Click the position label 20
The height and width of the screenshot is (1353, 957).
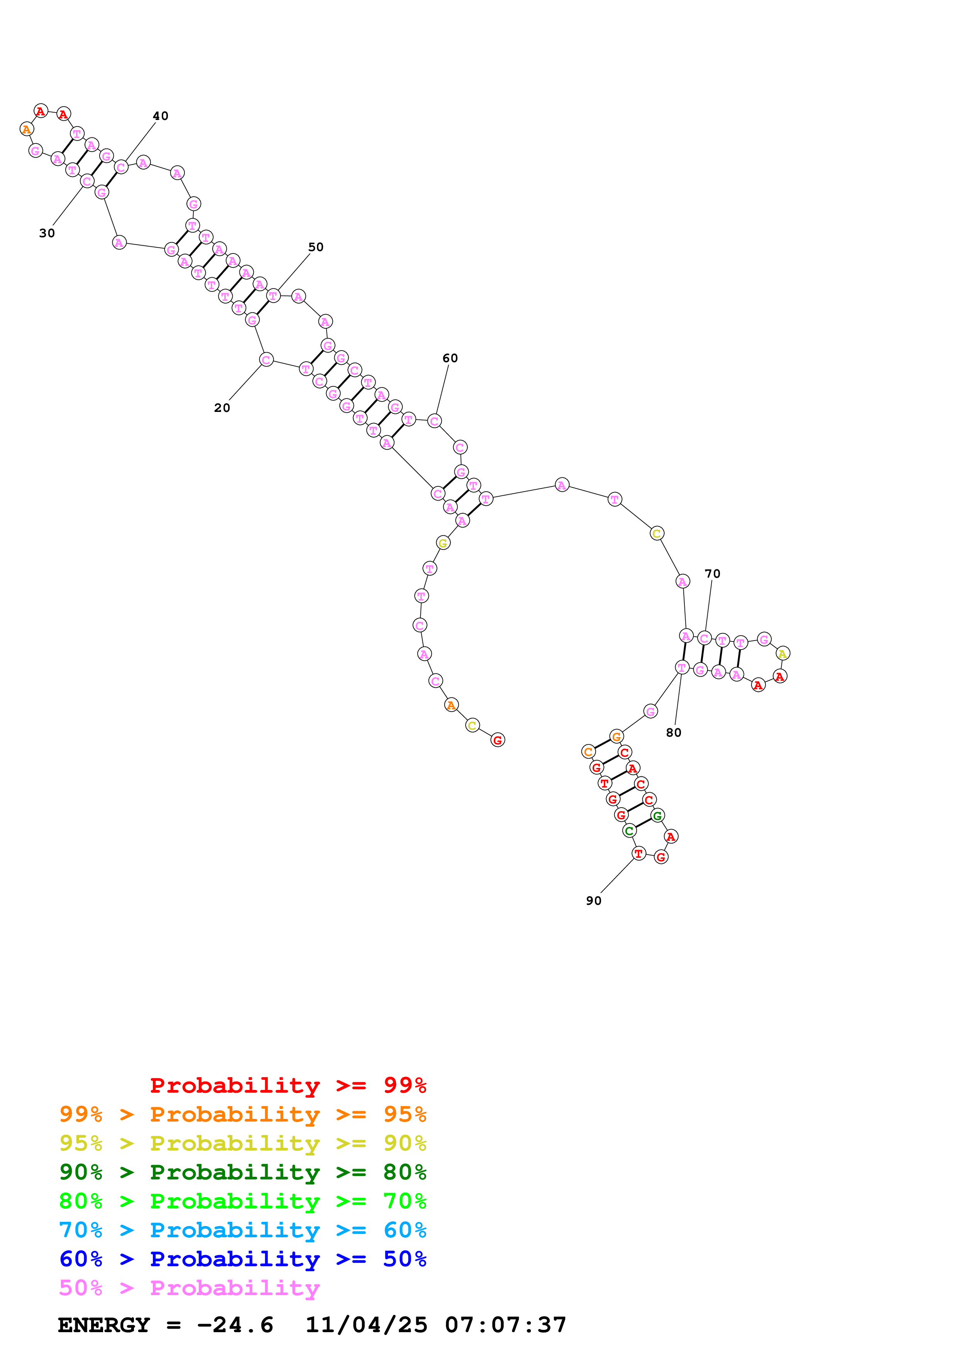pos(222,408)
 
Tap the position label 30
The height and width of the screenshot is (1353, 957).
pos(47,233)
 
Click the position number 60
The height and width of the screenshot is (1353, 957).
pos(450,358)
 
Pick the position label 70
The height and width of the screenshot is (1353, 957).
pos(712,574)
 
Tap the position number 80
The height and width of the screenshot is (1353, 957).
pos(673,732)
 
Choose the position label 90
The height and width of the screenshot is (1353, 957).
pos(594,901)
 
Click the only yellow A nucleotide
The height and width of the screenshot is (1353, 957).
pos(782,653)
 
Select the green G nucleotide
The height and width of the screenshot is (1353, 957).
pos(657,816)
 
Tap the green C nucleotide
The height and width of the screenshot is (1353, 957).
pos(629,831)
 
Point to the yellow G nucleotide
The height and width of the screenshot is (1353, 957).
pos(443,543)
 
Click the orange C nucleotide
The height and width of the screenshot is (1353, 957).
pos(588,751)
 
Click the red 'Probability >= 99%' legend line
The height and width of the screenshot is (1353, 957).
pos(288,1085)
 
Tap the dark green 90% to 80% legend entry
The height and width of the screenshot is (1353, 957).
pos(242,1172)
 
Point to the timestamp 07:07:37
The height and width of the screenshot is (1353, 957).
pos(505,1325)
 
